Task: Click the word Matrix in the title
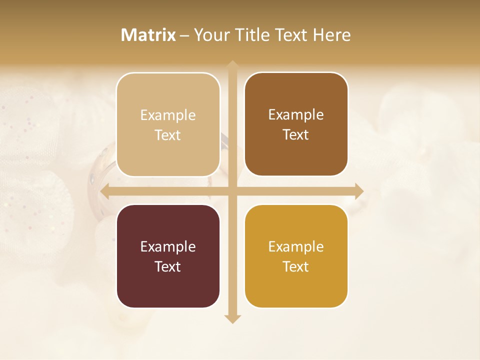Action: coord(148,35)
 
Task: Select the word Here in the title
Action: coord(331,35)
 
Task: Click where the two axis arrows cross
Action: coord(232,191)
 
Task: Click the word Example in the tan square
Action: coord(168,115)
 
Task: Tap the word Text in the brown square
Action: coord(296,135)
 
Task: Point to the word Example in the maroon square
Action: coord(168,247)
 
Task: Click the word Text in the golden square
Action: coord(296,266)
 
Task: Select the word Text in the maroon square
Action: coord(168,266)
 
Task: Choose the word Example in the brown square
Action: coord(296,115)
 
